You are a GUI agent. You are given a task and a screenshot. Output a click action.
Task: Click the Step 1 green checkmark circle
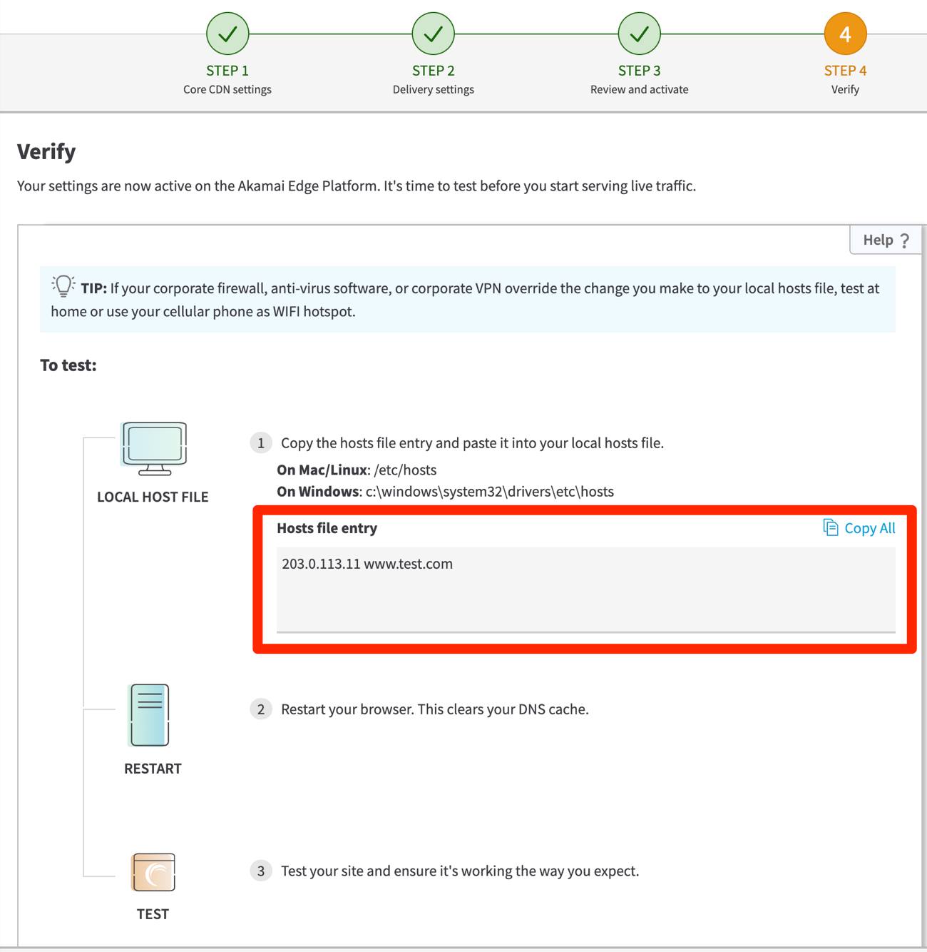point(227,34)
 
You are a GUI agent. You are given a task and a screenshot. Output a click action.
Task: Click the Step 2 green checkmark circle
point(434,34)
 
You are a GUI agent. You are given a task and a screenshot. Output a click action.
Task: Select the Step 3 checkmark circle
point(640,34)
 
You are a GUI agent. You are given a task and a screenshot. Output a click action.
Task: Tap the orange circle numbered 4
point(845,34)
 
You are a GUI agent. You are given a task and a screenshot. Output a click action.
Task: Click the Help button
point(885,240)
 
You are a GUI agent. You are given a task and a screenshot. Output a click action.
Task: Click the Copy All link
point(860,528)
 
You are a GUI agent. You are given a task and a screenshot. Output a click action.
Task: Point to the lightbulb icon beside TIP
point(63,285)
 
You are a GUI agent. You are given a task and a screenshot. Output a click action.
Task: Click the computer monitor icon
point(154,448)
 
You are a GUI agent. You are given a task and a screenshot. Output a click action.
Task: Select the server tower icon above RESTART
point(150,715)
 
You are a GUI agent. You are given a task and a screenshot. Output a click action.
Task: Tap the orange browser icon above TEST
point(153,872)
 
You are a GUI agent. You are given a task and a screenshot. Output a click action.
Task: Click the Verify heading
point(46,151)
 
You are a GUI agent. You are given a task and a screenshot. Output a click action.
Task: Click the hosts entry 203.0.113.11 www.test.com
point(367,564)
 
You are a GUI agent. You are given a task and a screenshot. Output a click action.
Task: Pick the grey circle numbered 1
point(261,443)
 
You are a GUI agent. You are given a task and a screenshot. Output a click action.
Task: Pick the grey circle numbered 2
point(261,709)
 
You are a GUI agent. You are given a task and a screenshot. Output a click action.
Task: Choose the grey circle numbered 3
point(261,871)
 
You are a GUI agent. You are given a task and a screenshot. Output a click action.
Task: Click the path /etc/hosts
point(405,470)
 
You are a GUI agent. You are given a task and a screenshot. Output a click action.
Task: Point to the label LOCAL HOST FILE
point(153,497)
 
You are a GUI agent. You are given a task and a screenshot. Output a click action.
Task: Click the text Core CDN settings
point(227,89)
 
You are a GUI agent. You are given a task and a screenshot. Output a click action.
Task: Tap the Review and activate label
point(640,89)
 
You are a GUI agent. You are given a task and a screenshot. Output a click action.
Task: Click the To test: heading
point(68,365)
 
